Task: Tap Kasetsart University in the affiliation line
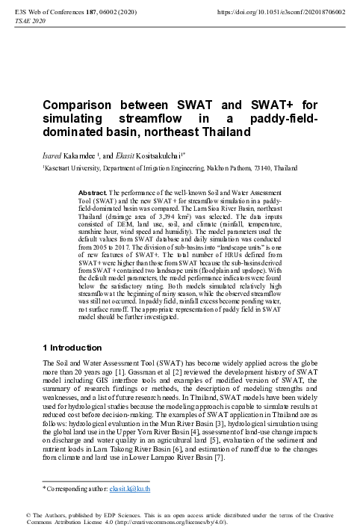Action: point(68,170)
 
